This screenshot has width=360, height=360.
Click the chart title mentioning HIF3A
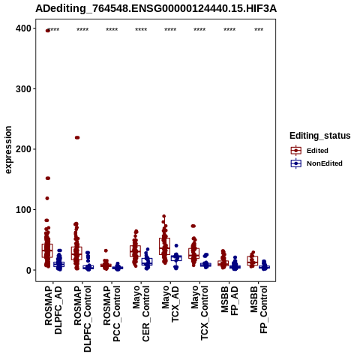coord(156,9)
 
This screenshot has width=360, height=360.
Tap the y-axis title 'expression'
coord(8,150)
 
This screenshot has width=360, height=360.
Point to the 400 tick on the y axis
coord(24,28)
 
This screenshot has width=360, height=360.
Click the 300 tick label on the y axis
coord(24,89)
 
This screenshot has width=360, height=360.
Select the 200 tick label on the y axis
coord(24,149)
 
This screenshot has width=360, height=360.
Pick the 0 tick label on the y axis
coord(29,270)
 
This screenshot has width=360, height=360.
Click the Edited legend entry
coord(310,151)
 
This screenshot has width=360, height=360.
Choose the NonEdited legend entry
coord(316,163)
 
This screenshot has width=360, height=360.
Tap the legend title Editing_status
coord(320,136)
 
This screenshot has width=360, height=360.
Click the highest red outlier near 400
coord(47,31)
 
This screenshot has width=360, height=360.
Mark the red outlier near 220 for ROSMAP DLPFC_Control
coord(77,137)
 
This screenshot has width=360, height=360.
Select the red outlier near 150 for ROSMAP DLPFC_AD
coord(48,178)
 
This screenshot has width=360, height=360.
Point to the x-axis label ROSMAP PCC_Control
coord(112,313)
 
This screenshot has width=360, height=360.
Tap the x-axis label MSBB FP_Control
coord(259,310)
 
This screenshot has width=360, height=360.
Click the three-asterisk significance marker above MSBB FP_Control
coord(259,30)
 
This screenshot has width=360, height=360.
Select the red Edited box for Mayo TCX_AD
coord(164,247)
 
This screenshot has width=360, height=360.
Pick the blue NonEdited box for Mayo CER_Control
coord(147,262)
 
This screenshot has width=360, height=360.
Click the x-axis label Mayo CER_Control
coord(141,313)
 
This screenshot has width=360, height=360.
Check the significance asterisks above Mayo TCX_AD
coord(170,30)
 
